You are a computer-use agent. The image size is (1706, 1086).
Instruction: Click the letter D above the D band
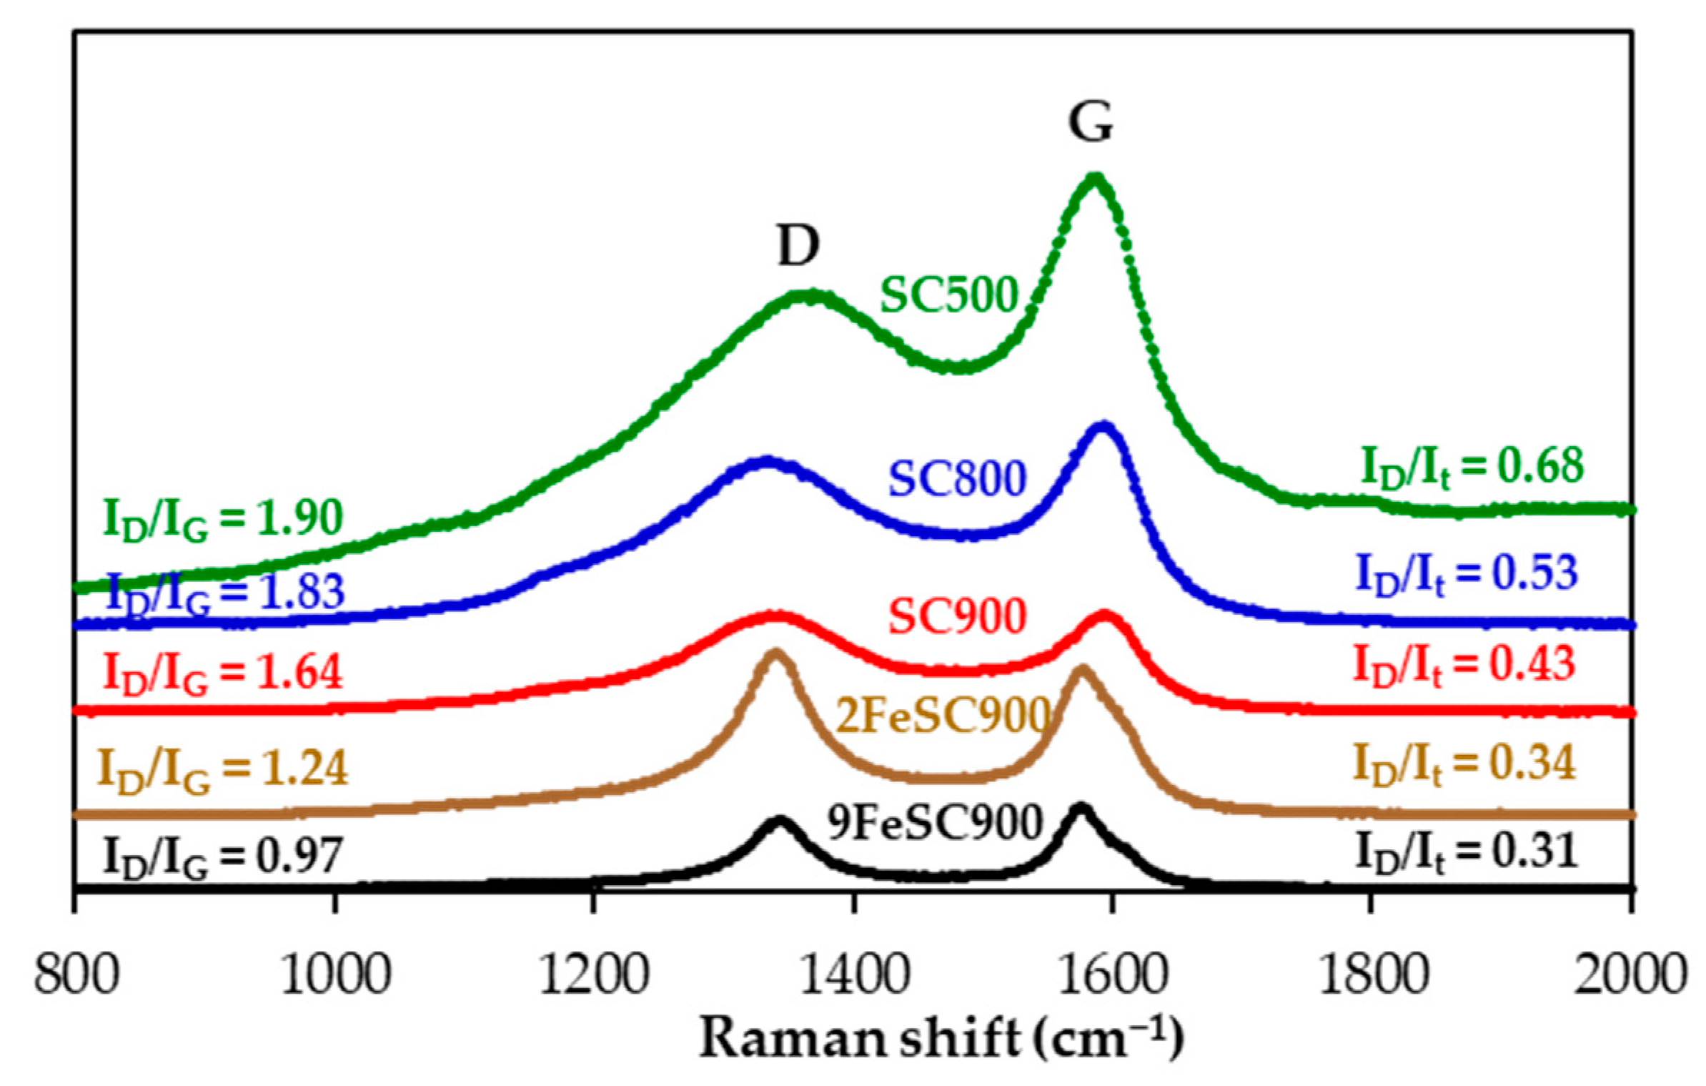[x=798, y=247]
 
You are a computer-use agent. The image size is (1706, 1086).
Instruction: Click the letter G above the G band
[x=1091, y=122]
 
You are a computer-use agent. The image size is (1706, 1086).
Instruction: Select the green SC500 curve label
[x=948, y=295]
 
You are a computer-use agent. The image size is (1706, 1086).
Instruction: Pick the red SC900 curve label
[x=957, y=616]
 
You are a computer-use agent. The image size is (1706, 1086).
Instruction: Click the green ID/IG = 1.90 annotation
[x=224, y=519]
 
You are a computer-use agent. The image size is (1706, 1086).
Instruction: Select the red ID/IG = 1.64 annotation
[x=224, y=673]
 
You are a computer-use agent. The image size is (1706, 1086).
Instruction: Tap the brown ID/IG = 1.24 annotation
[x=224, y=769]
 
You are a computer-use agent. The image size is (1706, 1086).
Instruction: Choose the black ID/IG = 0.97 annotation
[x=224, y=857]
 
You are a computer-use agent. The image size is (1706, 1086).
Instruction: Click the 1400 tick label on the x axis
[x=853, y=976]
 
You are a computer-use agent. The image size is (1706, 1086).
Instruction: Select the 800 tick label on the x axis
[x=76, y=976]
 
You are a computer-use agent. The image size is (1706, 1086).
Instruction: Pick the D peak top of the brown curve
[x=774, y=652]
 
